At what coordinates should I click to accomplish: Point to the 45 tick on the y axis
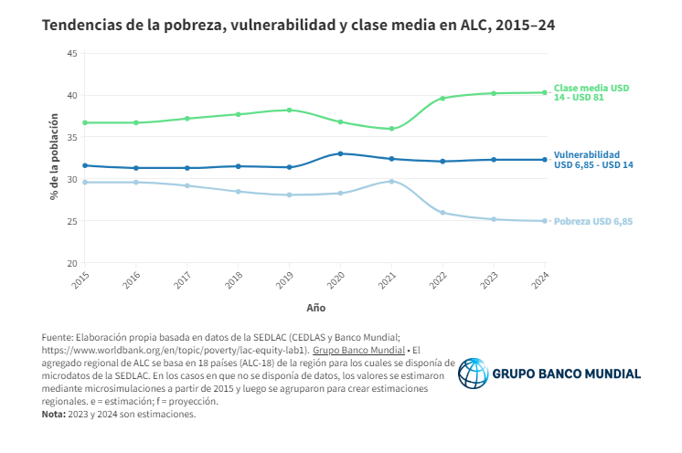[x=71, y=53]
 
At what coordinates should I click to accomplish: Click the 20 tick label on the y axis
[x=71, y=263]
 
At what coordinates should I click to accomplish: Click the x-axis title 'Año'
[x=315, y=308]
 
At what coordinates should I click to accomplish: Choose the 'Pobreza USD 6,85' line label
[x=592, y=221]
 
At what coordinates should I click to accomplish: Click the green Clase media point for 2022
[x=442, y=98]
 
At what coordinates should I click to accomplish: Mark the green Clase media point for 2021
[x=391, y=129]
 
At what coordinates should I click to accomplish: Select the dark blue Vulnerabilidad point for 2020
[x=340, y=153]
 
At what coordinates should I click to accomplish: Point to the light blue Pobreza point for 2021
[x=391, y=181]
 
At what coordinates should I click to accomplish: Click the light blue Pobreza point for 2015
[x=85, y=182]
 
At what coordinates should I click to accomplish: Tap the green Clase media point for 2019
[x=289, y=110]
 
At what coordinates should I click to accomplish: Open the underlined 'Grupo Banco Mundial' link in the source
[x=358, y=350]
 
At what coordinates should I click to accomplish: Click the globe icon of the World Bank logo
[x=474, y=374]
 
